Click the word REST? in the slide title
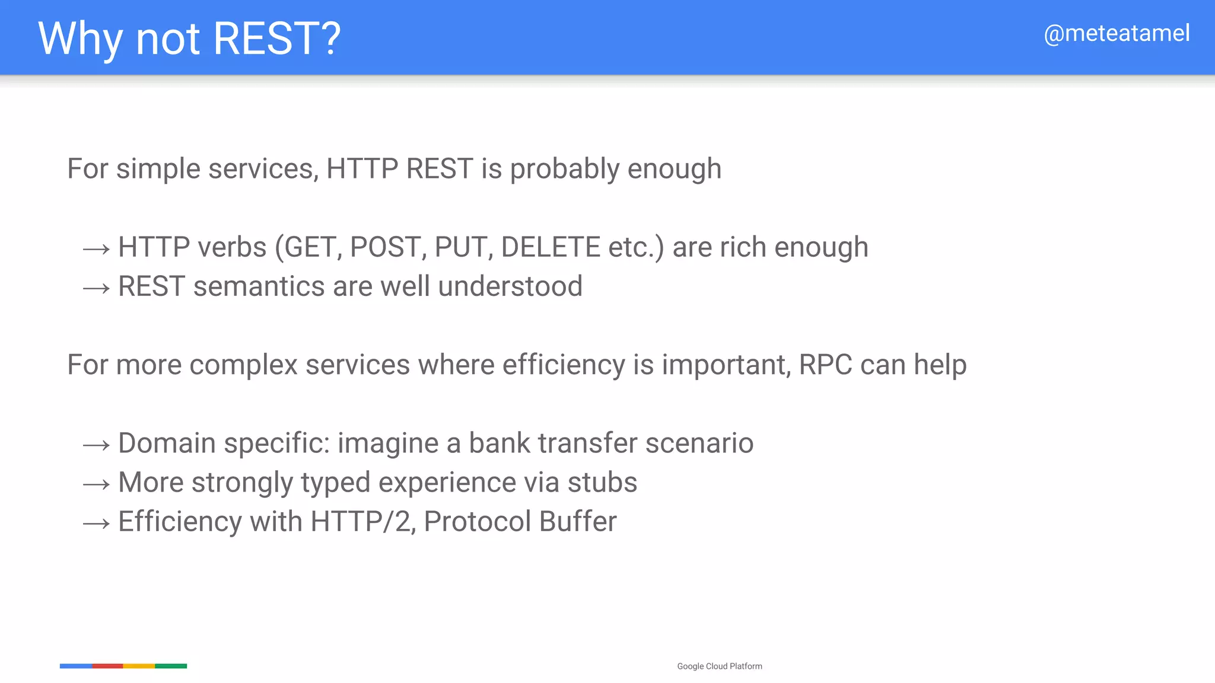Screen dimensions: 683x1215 point(276,39)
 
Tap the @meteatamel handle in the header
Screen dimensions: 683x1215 point(1117,33)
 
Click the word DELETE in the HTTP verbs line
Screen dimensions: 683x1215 point(551,247)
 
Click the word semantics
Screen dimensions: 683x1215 point(259,286)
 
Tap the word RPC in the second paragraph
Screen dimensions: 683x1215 point(825,365)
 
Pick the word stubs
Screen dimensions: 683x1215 point(602,482)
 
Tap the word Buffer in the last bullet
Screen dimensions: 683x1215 point(578,521)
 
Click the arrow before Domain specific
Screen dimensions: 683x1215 point(96,445)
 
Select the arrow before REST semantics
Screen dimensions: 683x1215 point(96,289)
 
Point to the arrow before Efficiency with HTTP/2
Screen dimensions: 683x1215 point(96,524)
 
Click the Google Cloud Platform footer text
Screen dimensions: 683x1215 point(719,666)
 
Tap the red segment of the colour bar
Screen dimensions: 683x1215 point(107,666)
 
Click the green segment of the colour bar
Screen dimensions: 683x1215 point(171,666)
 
